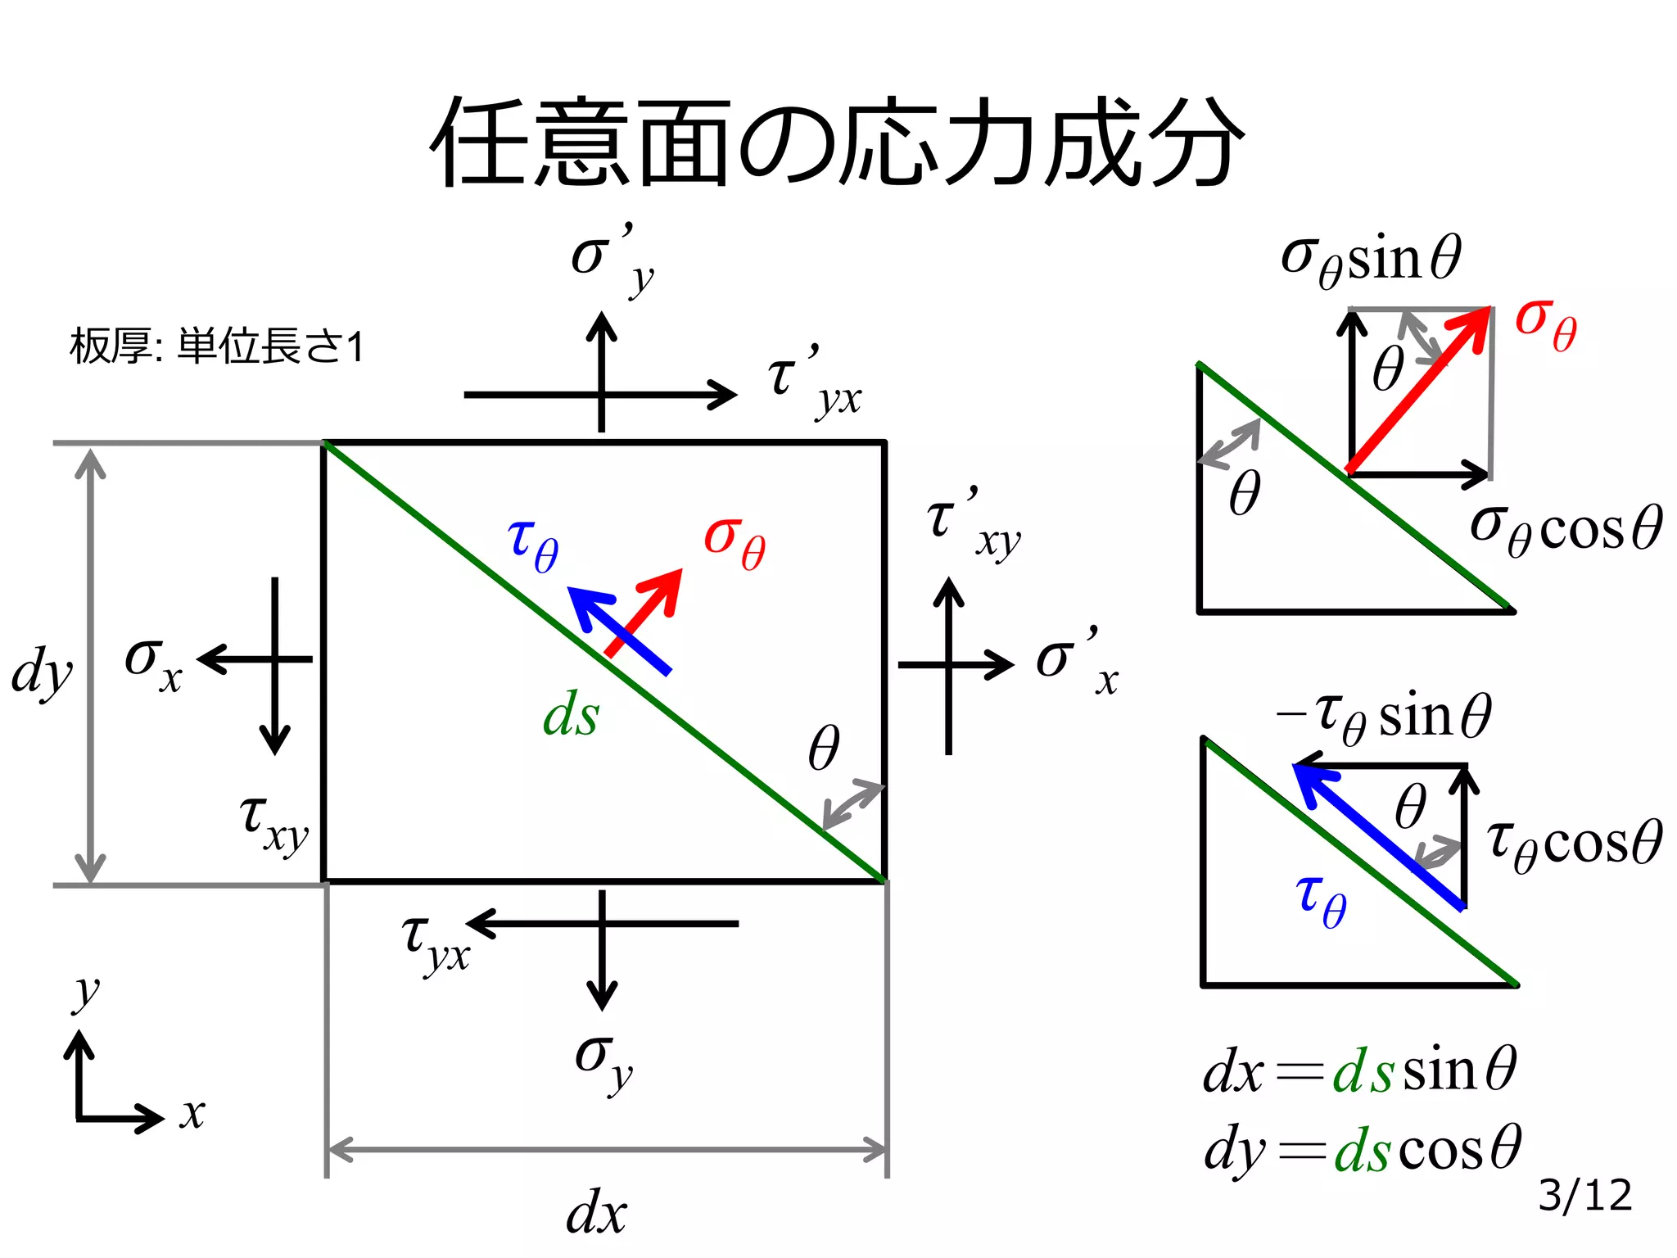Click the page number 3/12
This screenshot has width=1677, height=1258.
pyautogui.click(x=1584, y=1195)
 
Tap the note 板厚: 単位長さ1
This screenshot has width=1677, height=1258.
pyautogui.click(x=216, y=346)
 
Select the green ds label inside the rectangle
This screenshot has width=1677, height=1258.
pyautogui.click(x=571, y=715)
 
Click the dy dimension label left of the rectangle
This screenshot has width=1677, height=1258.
pyautogui.click(x=42, y=672)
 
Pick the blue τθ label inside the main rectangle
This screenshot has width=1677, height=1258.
pyautogui.click(x=533, y=545)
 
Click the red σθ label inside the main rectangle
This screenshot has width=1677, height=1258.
pyautogui.click(x=735, y=542)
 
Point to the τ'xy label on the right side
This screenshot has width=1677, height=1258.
pyautogui.click(x=974, y=524)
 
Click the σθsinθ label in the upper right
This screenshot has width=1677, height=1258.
pyautogui.click(x=1371, y=259)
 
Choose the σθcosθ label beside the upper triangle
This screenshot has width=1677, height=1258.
pyautogui.click(x=1565, y=528)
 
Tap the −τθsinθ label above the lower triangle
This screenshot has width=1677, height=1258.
pyautogui.click(x=1384, y=717)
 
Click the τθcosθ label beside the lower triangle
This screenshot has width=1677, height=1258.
pyautogui.click(x=1573, y=844)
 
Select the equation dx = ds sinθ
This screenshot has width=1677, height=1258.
pyautogui.click(x=1359, y=1071)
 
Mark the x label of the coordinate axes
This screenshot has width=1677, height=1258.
pyautogui.click(x=192, y=1115)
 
